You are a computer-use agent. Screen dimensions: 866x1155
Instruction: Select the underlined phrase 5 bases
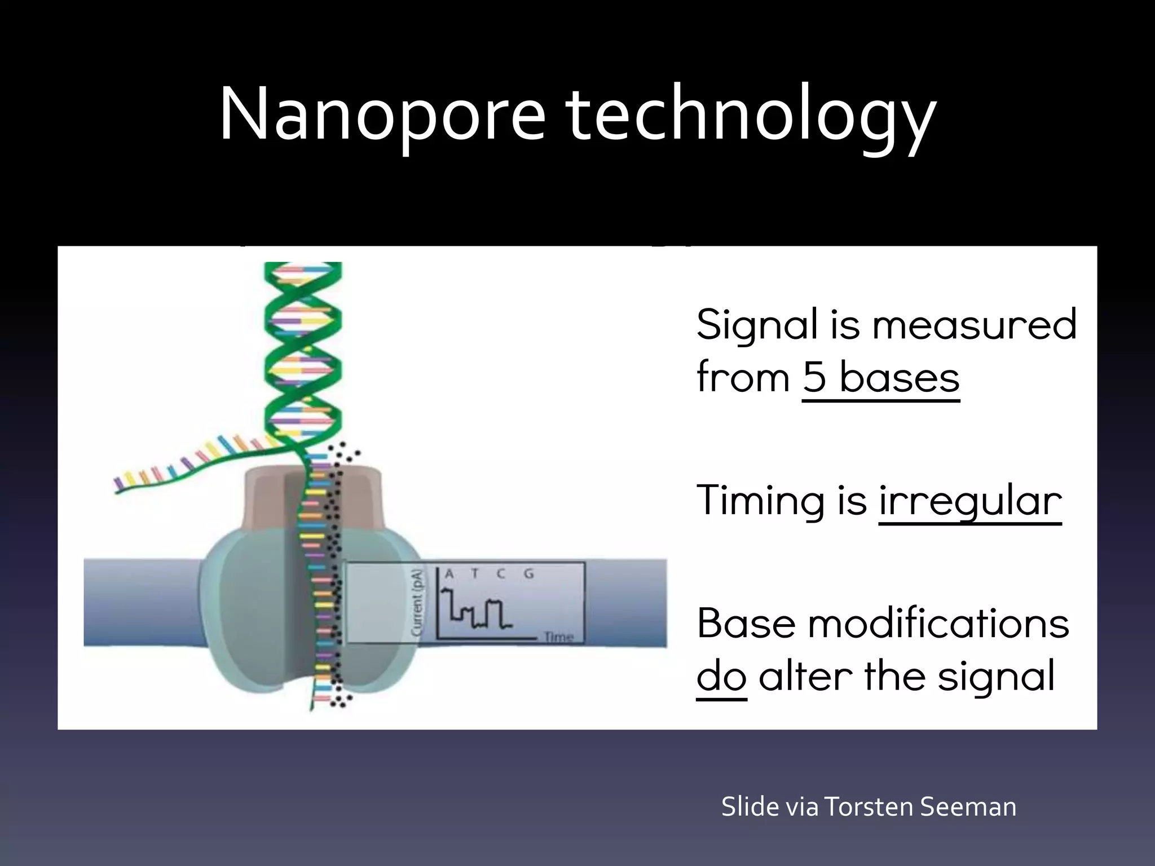[x=880, y=378]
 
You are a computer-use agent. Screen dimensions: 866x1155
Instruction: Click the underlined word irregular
[x=970, y=500]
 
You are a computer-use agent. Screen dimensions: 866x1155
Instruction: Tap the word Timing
[x=760, y=500]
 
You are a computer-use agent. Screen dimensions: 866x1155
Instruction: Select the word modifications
[x=938, y=623]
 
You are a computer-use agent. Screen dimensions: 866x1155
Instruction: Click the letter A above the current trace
[x=449, y=574]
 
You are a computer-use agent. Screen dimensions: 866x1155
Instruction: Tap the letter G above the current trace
[x=528, y=574]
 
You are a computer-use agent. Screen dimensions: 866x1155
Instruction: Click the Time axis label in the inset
[x=558, y=637]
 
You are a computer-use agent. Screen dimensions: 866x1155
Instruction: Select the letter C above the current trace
[x=501, y=574]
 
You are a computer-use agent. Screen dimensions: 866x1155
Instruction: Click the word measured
[x=975, y=325]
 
